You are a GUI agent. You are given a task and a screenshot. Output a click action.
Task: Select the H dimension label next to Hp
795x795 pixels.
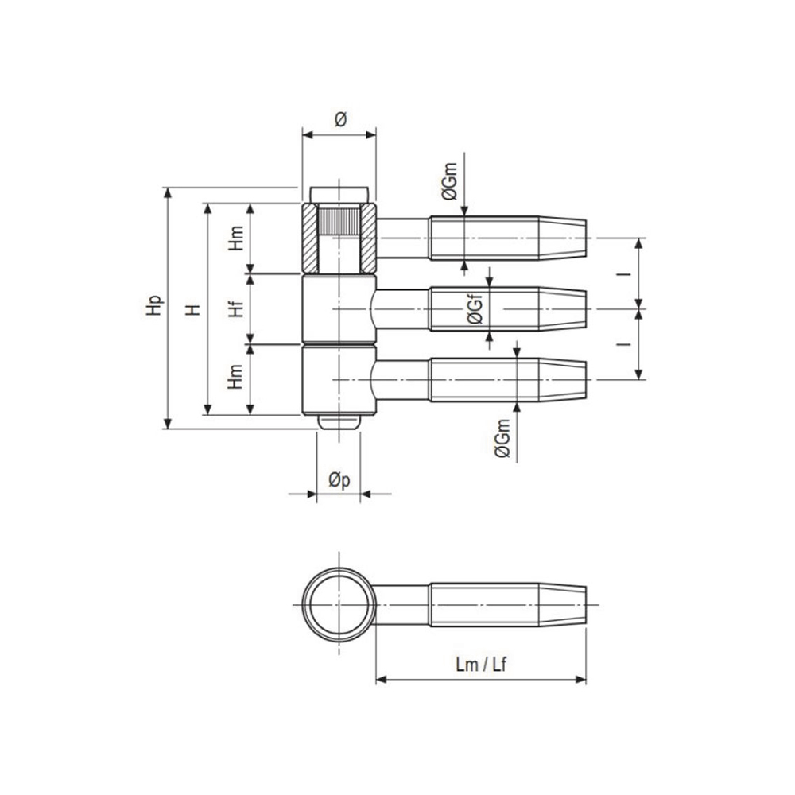click(x=193, y=308)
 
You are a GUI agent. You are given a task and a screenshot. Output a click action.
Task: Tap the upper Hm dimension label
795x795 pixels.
click(x=236, y=238)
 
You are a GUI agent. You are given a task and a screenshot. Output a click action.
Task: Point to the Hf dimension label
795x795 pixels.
click(x=236, y=308)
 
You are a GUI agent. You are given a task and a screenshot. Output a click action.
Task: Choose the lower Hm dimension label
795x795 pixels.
click(x=236, y=378)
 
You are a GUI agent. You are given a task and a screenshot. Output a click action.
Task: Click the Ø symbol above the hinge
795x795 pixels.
click(x=339, y=119)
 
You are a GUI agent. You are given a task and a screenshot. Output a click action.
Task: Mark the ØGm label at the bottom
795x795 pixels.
click(x=502, y=440)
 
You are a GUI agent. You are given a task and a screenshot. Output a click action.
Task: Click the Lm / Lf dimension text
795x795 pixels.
click(x=481, y=665)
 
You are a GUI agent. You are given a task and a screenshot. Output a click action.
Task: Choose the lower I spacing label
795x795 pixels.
click(x=626, y=343)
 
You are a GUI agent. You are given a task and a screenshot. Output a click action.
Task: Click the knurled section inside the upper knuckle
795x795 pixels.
click(x=338, y=220)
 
